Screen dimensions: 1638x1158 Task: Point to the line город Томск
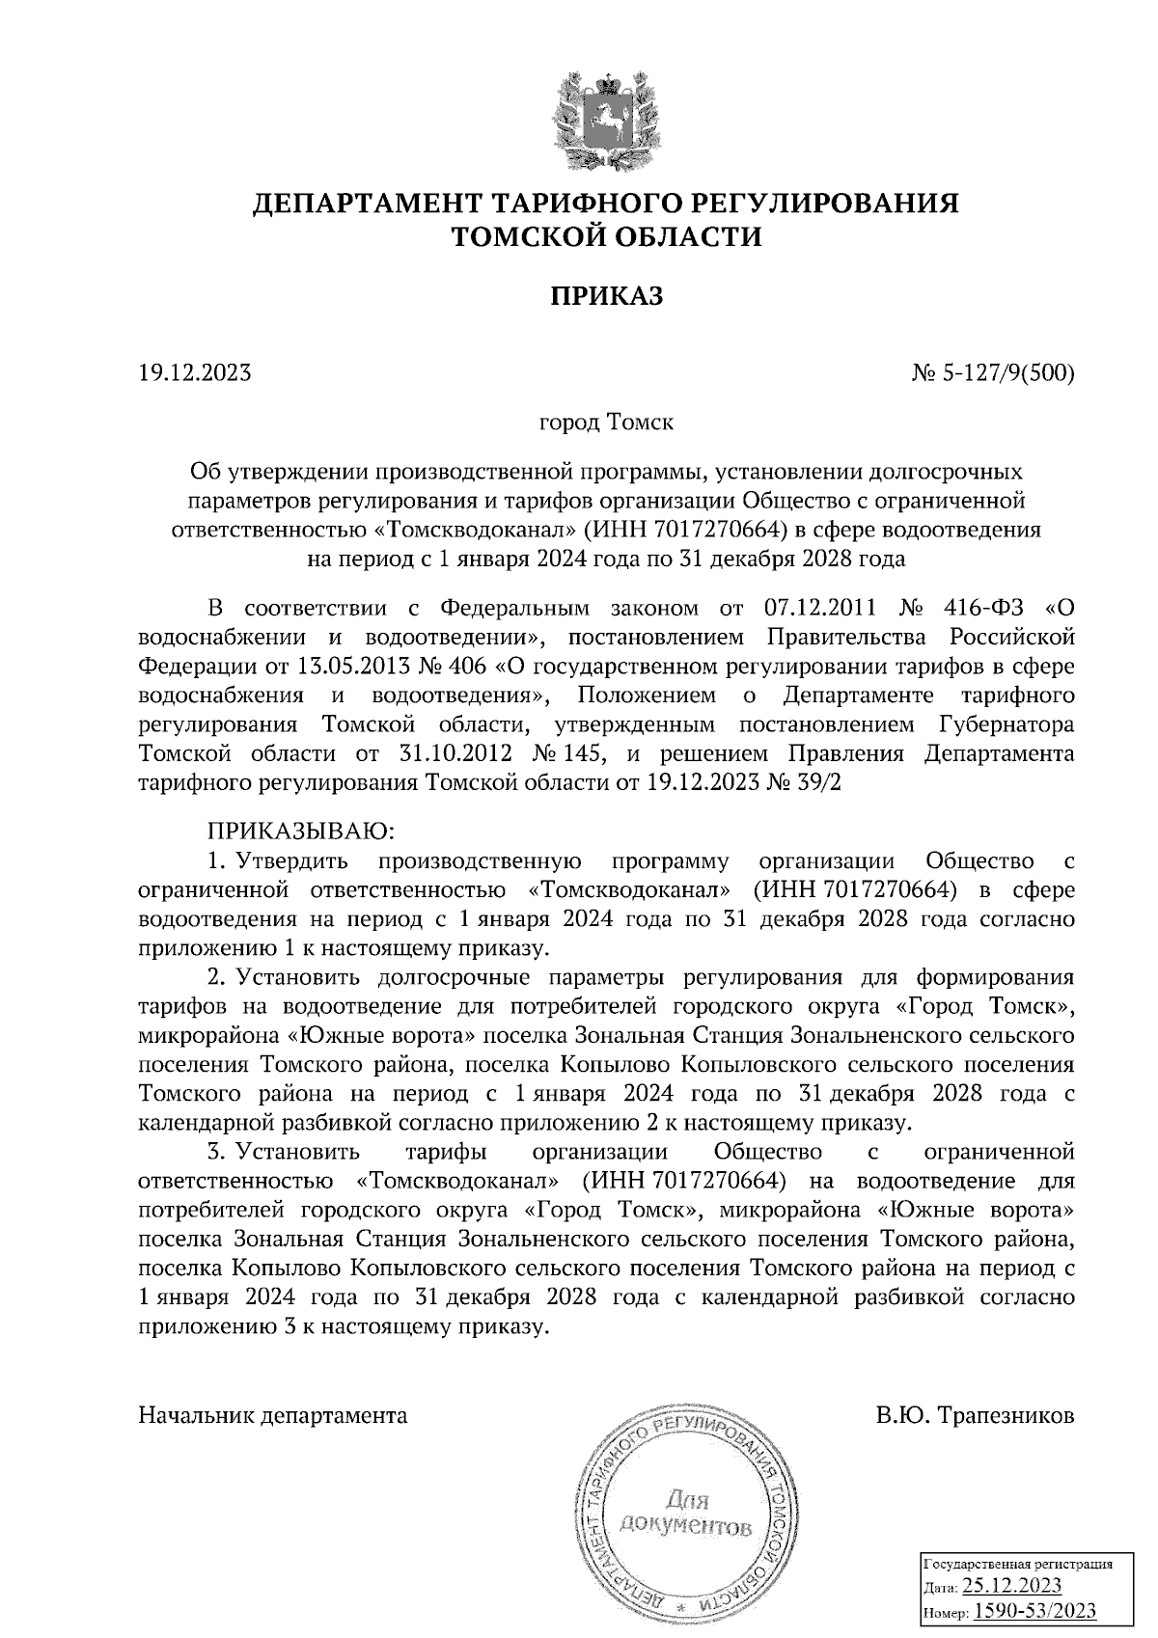coord(606,423)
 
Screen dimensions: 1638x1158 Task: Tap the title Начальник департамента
coord(273,1416)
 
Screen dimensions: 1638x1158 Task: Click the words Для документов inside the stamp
coord(685,1515)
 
